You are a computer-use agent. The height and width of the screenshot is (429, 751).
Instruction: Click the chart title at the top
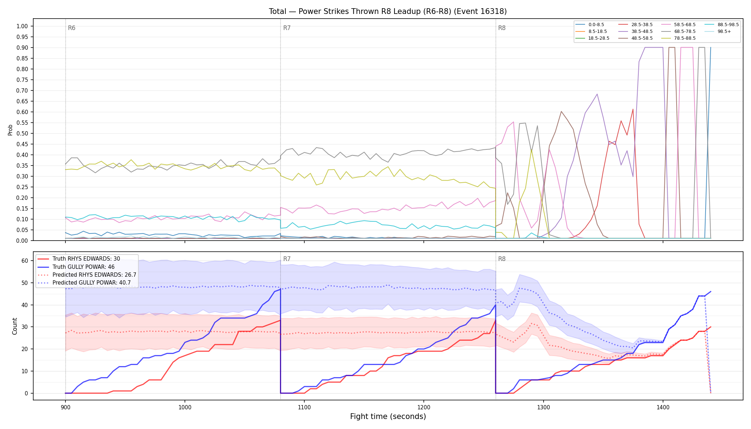(x=388, y=11)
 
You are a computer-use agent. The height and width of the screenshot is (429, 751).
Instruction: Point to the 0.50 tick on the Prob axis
(x=22, y=133)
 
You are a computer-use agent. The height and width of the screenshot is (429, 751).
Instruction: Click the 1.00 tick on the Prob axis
(x=22, y=26)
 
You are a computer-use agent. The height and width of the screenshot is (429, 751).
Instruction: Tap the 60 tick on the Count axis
(x=25, y=261)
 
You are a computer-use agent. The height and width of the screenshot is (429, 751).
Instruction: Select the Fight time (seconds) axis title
(x=388, y=416)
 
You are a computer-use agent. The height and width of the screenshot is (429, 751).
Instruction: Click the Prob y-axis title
(x=10, y=130)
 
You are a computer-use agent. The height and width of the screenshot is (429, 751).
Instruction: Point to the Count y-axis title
(x=15, y=326)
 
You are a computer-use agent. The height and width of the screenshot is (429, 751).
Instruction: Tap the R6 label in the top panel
(x=72, y=28)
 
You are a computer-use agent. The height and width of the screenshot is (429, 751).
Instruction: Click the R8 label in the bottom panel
(x=502, y=259)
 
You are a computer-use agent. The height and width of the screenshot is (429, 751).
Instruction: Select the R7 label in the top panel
(x=287, y=28)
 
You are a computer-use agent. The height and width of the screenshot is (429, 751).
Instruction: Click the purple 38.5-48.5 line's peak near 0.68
(x=597, y=94)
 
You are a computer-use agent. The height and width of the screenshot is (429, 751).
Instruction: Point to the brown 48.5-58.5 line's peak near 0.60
(x=561, y=111)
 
